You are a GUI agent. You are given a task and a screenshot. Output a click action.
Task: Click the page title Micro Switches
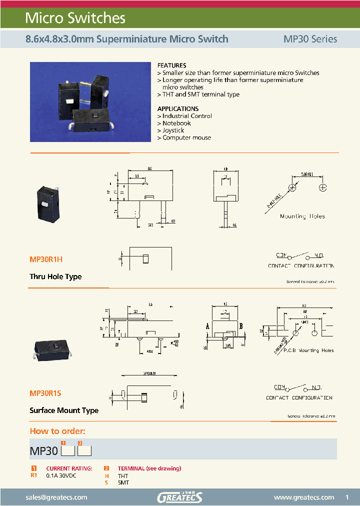75,18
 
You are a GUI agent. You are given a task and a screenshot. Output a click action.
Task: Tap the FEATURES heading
171,65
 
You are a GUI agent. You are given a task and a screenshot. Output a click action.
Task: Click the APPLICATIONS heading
177,108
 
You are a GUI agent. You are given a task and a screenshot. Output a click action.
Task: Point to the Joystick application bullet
173,130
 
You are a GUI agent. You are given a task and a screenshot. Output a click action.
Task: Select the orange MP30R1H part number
46,259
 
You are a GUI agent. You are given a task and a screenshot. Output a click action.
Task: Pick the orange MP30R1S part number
45,393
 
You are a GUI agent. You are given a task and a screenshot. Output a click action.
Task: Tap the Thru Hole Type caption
55,276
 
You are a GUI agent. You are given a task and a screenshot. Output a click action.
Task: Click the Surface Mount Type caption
64,410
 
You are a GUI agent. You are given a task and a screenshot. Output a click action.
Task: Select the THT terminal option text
123,476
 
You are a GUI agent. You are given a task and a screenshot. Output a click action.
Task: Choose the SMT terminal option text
123,482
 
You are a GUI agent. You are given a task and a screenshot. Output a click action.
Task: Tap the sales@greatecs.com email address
56,497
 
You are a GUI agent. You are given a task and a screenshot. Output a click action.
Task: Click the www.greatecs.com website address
304,497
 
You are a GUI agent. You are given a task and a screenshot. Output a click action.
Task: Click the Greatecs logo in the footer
179,497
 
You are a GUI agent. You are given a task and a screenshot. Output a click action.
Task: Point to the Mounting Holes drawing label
302,216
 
